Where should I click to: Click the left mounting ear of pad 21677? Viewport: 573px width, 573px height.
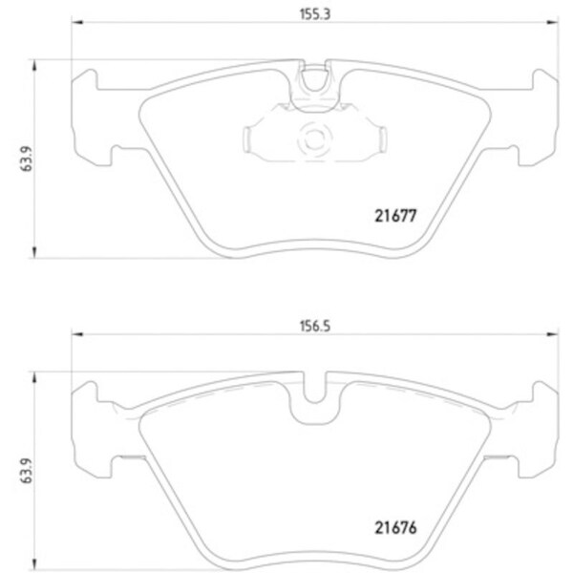(x=94, y=115)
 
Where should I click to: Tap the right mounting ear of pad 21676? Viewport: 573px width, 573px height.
(x=535, y=420)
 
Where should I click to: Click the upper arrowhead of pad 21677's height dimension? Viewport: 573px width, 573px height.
(x=36, y=65)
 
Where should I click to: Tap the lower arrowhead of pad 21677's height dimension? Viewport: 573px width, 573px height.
(x=36, y=253)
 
